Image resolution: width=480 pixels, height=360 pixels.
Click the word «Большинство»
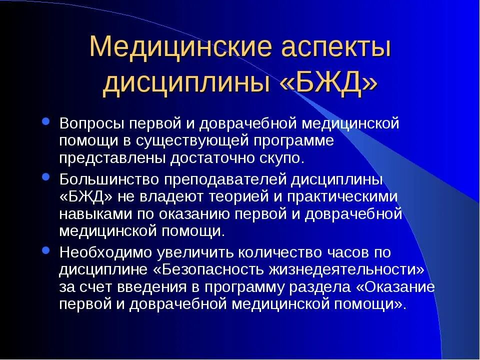108,178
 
